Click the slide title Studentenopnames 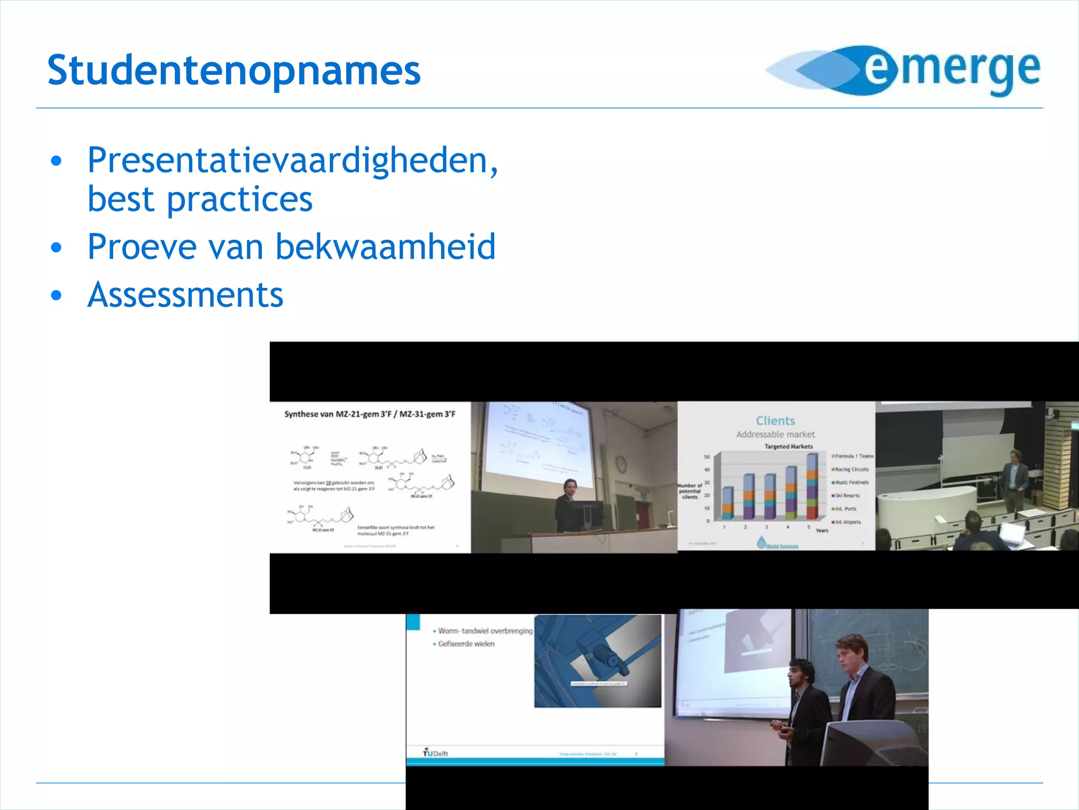[234, 71]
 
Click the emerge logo [903, 71]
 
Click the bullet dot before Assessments [56, 295]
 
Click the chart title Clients [775, 421]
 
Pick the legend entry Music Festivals [851, 483]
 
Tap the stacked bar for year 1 [728, 504]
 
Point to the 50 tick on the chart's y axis [707, 457]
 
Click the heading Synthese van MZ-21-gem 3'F [369, 414]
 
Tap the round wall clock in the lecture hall [621, 464]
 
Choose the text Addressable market [775, 435]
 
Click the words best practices [200, 199]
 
